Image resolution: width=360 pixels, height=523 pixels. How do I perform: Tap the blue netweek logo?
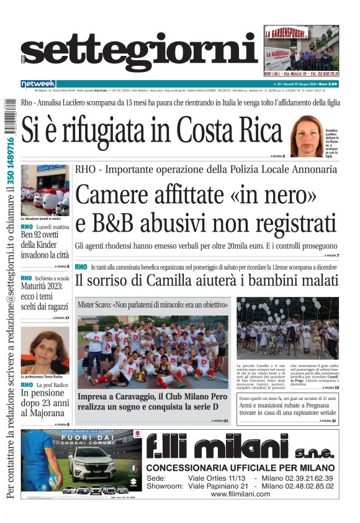38,84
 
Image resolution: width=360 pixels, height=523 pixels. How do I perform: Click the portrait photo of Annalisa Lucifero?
307,136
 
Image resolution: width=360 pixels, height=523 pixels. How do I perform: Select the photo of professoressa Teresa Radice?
45,350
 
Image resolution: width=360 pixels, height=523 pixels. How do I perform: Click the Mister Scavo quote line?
153,306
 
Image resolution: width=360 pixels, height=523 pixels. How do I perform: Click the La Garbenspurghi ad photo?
301,52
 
